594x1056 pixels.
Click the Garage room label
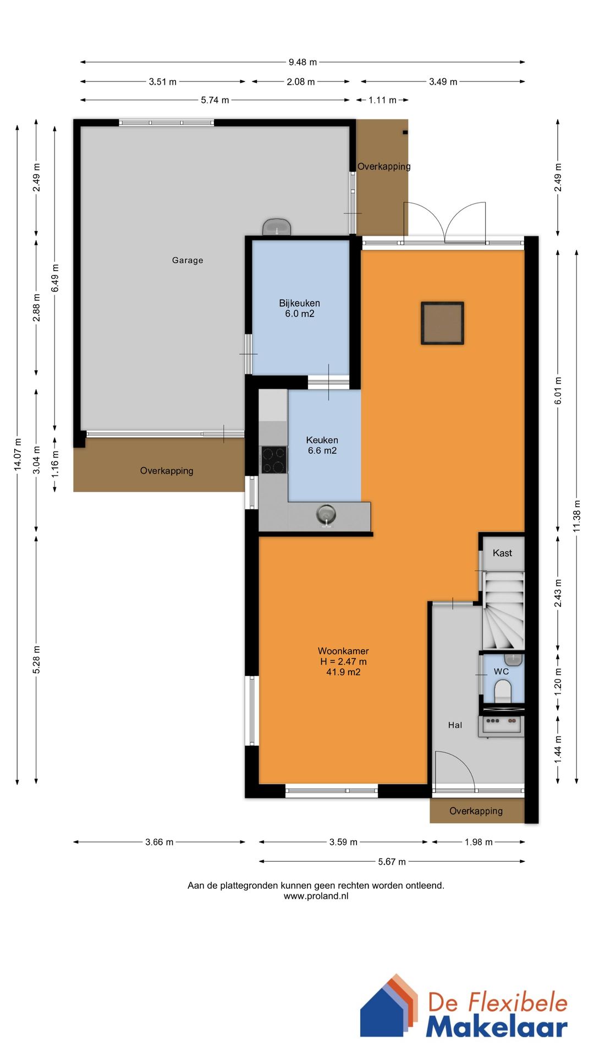[188, 260]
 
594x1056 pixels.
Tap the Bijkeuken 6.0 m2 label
[299, 309]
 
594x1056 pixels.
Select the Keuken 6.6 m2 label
[322, 445]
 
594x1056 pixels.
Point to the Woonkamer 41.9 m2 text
[343, 661]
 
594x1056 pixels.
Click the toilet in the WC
[503, 691]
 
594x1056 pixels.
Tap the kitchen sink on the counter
[326, 515]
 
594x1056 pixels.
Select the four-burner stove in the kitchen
[274, 460]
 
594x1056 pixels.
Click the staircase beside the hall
[504, 610]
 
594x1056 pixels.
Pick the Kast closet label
[502, 553]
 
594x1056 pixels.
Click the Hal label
[455, 725]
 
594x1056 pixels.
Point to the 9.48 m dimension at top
[302, 62]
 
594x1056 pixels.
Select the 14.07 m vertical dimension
[18, 454]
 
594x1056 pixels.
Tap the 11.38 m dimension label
[577, 516]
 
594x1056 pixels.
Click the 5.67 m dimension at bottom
[392, 861]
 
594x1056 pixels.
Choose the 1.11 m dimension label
[382, 100]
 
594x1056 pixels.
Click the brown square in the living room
[442, 323]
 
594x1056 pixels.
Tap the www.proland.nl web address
[316, 896]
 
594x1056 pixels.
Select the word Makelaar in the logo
[496, 1026]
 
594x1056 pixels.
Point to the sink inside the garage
[277, 227]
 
